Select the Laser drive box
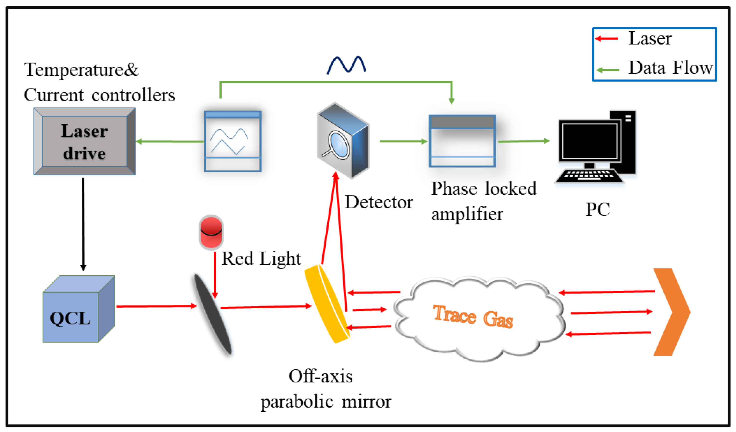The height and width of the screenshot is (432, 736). click(x=84, y=141)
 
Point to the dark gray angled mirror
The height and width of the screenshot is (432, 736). click(x=213, y=314)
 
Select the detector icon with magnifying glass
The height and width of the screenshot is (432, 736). click(x=343, y=140)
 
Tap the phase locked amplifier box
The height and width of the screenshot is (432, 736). click(x=462, y=141)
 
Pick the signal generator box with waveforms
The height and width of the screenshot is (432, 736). click(x=233, y=141)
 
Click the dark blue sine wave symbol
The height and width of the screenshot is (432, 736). click(x=346, y=65)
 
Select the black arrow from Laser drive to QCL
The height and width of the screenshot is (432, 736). click(x=83, y=224)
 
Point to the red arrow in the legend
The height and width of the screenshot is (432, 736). click(x=607, y=38)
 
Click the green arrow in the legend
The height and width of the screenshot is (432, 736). click(x=607, y=70)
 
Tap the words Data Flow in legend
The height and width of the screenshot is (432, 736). click(x=671, y=68)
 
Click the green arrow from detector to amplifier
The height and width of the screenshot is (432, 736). click(x=403, y=141)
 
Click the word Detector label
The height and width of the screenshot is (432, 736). click(x=379, y=202)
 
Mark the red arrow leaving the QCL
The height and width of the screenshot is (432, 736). click(x=156, y=306)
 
